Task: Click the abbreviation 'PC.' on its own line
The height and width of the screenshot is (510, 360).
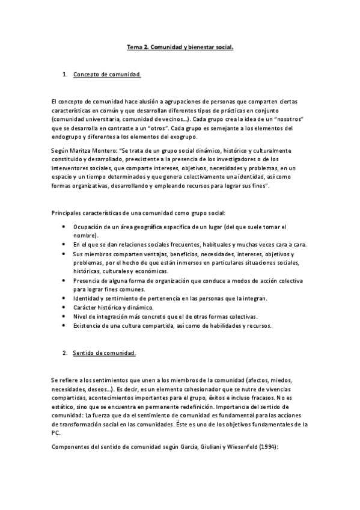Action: tap(56, 432)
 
